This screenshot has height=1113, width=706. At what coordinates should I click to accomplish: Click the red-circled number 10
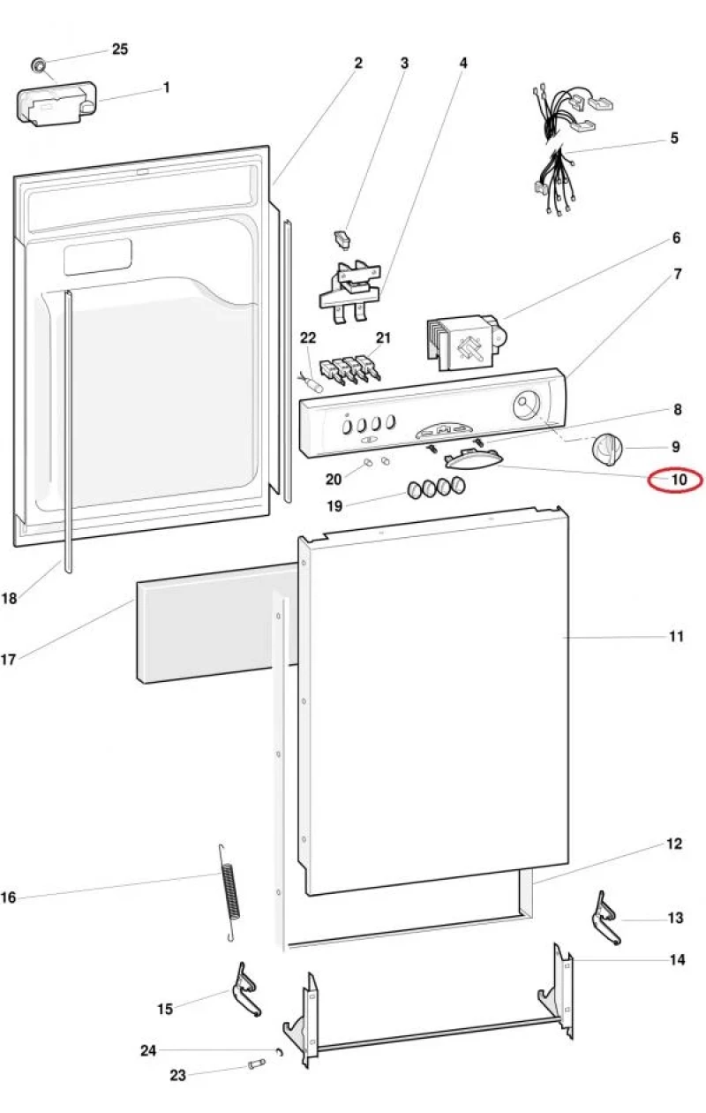pyautogui.click(x=679, y=480)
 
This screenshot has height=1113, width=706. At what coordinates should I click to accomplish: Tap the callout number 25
pyautogui.click(x=120, y=49)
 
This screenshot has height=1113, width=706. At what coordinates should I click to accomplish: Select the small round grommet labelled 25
pyautogui.click(x=38, y=65)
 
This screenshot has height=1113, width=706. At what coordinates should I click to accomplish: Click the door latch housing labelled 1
pyautogui.click(x=56, y=104)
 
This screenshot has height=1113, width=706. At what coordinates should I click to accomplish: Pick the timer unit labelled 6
pyautogui.click(x=466, y=342)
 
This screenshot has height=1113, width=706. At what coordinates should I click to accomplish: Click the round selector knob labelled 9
pyautogui.click(x=606, y=449)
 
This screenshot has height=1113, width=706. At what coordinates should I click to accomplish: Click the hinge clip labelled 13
pyautogui.click(x=605, y=918)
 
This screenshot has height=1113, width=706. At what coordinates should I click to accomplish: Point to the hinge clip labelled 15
pyautogui.click(x=245, y=988)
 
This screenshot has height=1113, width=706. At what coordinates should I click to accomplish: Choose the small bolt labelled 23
pyautogui.click(x=256, y=1064)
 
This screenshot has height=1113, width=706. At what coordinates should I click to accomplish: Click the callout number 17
pyautogui.click(x=9, y=659)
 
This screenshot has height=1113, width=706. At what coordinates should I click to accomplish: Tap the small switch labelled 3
pyautogui.click(x=342, y=238)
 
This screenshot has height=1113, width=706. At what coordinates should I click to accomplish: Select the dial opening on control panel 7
pyautogui.click(x=526, y=405)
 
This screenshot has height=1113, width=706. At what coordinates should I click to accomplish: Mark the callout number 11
pyautogui.click(x=676, y=636)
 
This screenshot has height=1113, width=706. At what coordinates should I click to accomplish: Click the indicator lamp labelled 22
pyautogui.click(x=312, y=383)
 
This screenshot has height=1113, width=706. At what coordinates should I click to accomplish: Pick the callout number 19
pyautogui.click(x=335, y=506)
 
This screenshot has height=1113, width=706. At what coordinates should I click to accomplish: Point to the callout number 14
pyautogui.click(x=677, y=959)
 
